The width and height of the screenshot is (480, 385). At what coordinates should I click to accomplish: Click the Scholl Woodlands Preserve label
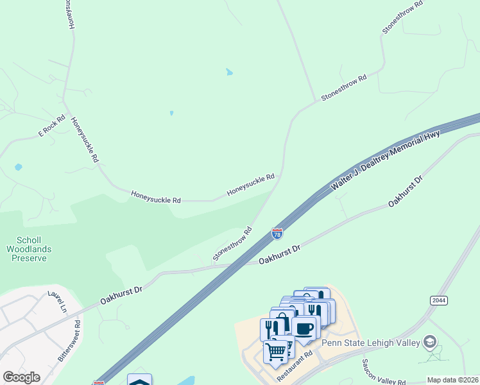click(29, 248)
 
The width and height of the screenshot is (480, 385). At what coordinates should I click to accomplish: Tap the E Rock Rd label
click(52, 125)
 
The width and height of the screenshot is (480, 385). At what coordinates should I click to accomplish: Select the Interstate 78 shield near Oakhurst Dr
click(277, 234)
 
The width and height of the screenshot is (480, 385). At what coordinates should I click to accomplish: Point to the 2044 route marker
click(438, 300)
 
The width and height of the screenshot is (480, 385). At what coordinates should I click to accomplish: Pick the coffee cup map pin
click(304, 329)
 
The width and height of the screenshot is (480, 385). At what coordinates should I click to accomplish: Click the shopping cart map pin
click(276, 351)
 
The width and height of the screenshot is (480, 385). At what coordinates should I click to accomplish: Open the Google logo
click(21, 377)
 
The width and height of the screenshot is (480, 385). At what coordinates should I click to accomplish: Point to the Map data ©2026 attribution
click(452, 380)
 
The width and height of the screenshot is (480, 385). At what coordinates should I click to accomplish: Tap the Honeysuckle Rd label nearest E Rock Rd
click(85, 139)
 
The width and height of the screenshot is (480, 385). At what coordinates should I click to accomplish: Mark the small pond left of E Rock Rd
click(18, 167)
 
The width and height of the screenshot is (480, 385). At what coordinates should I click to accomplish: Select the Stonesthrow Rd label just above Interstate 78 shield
click(232, 243)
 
